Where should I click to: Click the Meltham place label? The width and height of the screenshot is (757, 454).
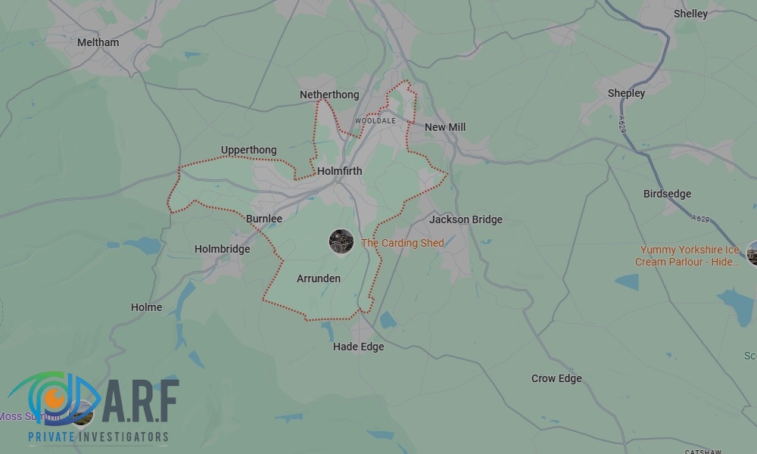click(x=98, y=42)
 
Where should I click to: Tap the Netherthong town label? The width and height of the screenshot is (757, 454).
click(x=329, y=95)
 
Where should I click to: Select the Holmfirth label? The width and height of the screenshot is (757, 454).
click(x=340, y=171)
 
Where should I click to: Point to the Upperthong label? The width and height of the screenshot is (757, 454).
click(x=249, y=150)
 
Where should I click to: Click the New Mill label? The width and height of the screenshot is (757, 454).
click(x=445, y=127)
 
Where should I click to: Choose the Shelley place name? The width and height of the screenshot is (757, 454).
click(x=690, y=14)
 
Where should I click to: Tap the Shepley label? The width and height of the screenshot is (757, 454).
click(x=626, y=93)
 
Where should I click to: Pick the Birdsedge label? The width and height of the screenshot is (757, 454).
click(x=667, y=194)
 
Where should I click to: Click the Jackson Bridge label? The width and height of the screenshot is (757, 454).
click(x=466, y=219)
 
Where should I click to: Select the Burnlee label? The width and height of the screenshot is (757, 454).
click(x=264, y=219)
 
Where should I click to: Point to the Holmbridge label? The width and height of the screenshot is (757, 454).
click(x=222, y=249)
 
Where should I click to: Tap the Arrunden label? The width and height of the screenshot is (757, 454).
click(x=319, y=278)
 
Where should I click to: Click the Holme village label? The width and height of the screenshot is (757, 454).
click(x=146, y=307)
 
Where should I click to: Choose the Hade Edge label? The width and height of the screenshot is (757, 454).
click(x=359, y=347)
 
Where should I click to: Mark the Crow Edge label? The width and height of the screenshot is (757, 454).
click(x=556, y=378)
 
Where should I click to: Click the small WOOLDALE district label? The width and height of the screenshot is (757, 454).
click(x=375, y=121)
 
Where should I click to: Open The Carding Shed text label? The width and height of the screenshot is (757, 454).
click(x=403, y=243)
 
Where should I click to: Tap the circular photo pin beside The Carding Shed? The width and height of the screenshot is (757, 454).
click(x=341, y=241)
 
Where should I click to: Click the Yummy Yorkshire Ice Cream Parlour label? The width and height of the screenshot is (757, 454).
click(x=688, y=256)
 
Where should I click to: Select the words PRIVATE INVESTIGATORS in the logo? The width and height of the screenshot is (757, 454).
click(x=98, y=437)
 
